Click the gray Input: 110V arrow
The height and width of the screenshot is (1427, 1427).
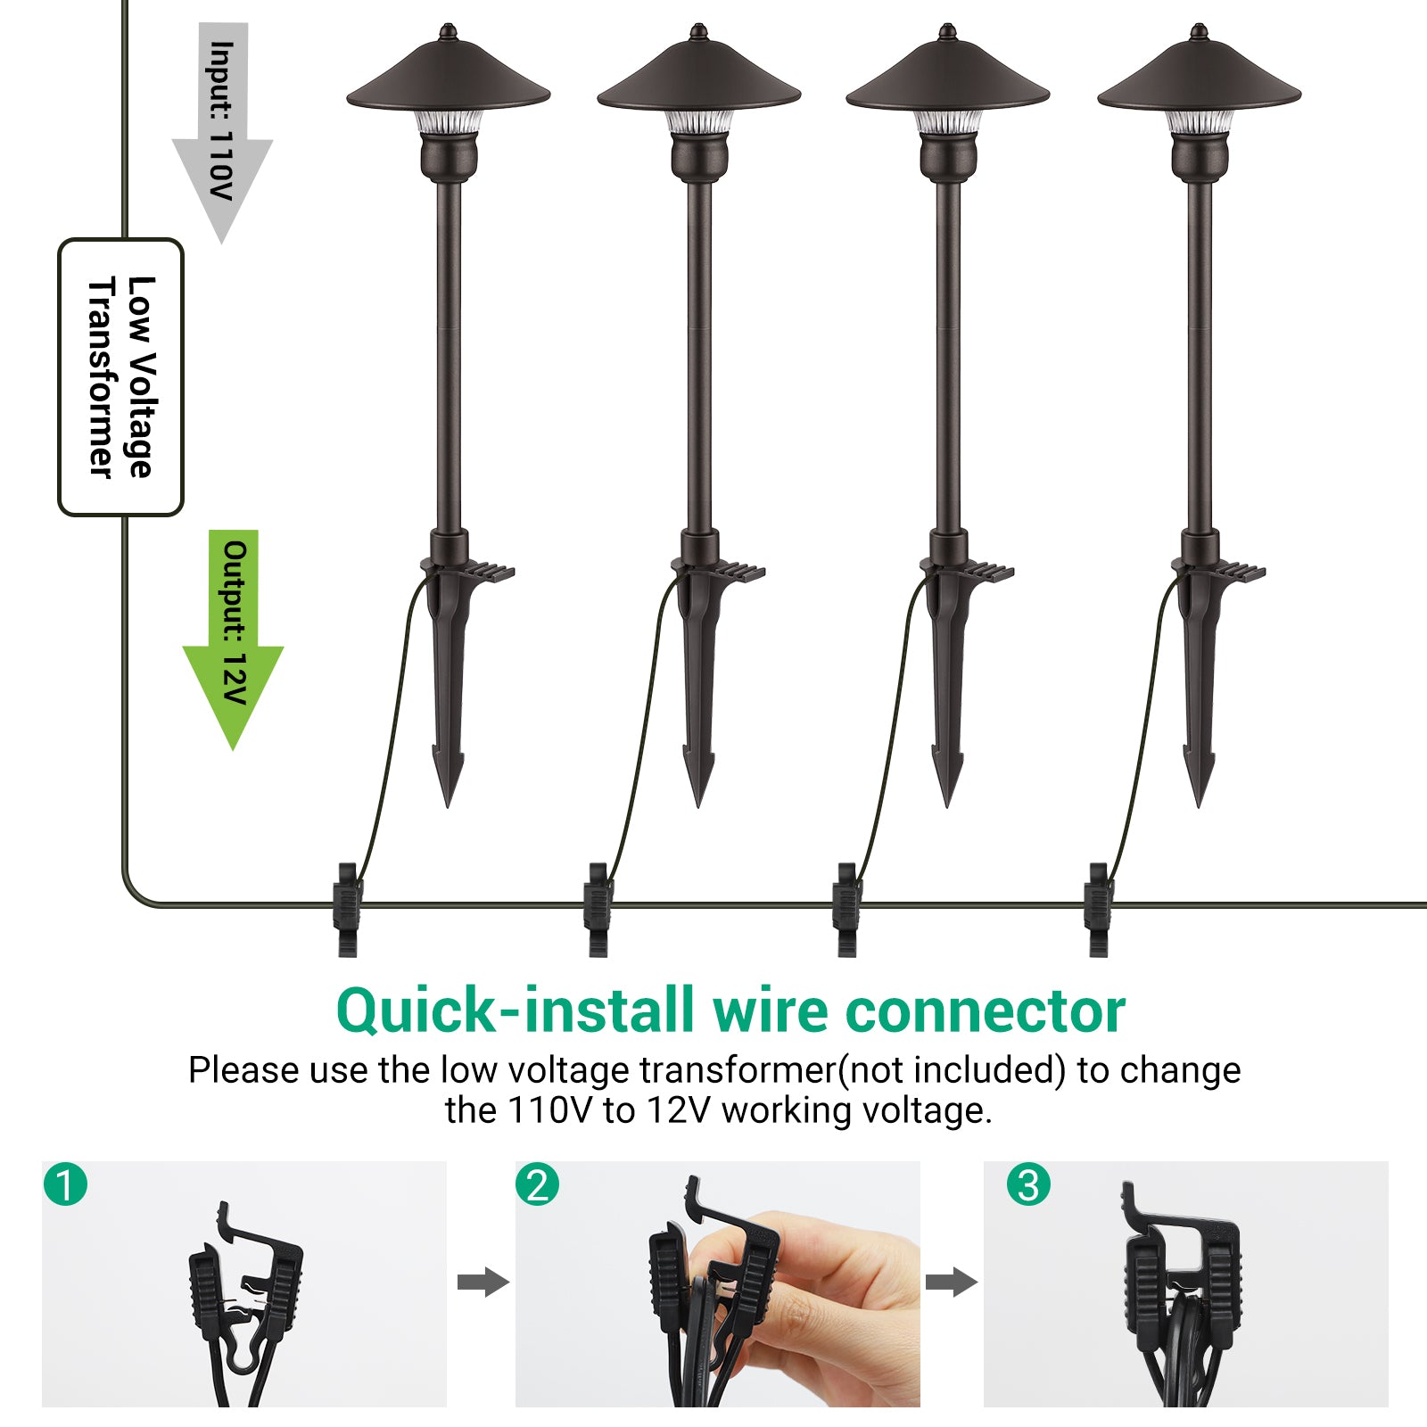[222, 134]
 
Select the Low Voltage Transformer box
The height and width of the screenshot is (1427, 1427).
[120, 376]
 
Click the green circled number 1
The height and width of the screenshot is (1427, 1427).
[65, 1185]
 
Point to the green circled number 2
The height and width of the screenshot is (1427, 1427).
[537, 1185]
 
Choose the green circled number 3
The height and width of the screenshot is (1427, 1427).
[1028, 1185]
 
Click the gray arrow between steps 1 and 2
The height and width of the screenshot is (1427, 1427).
[483, 1283]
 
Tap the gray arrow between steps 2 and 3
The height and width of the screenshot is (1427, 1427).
[951, 1283]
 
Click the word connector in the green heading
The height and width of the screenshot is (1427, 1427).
[985, 1011]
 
